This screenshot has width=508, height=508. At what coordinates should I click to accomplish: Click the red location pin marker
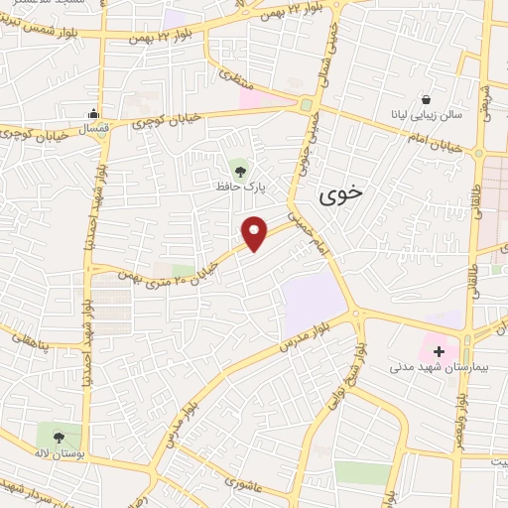[255, 233]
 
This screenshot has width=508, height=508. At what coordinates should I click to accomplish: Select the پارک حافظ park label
[237, 186]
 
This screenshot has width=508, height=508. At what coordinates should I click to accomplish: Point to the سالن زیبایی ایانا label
[428, 117]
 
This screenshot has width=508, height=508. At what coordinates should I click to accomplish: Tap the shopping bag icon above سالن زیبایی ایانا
[427, 99]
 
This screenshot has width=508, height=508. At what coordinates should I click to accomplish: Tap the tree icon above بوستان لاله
[58, 436]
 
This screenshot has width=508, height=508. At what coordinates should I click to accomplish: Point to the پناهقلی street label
[33, 339]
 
